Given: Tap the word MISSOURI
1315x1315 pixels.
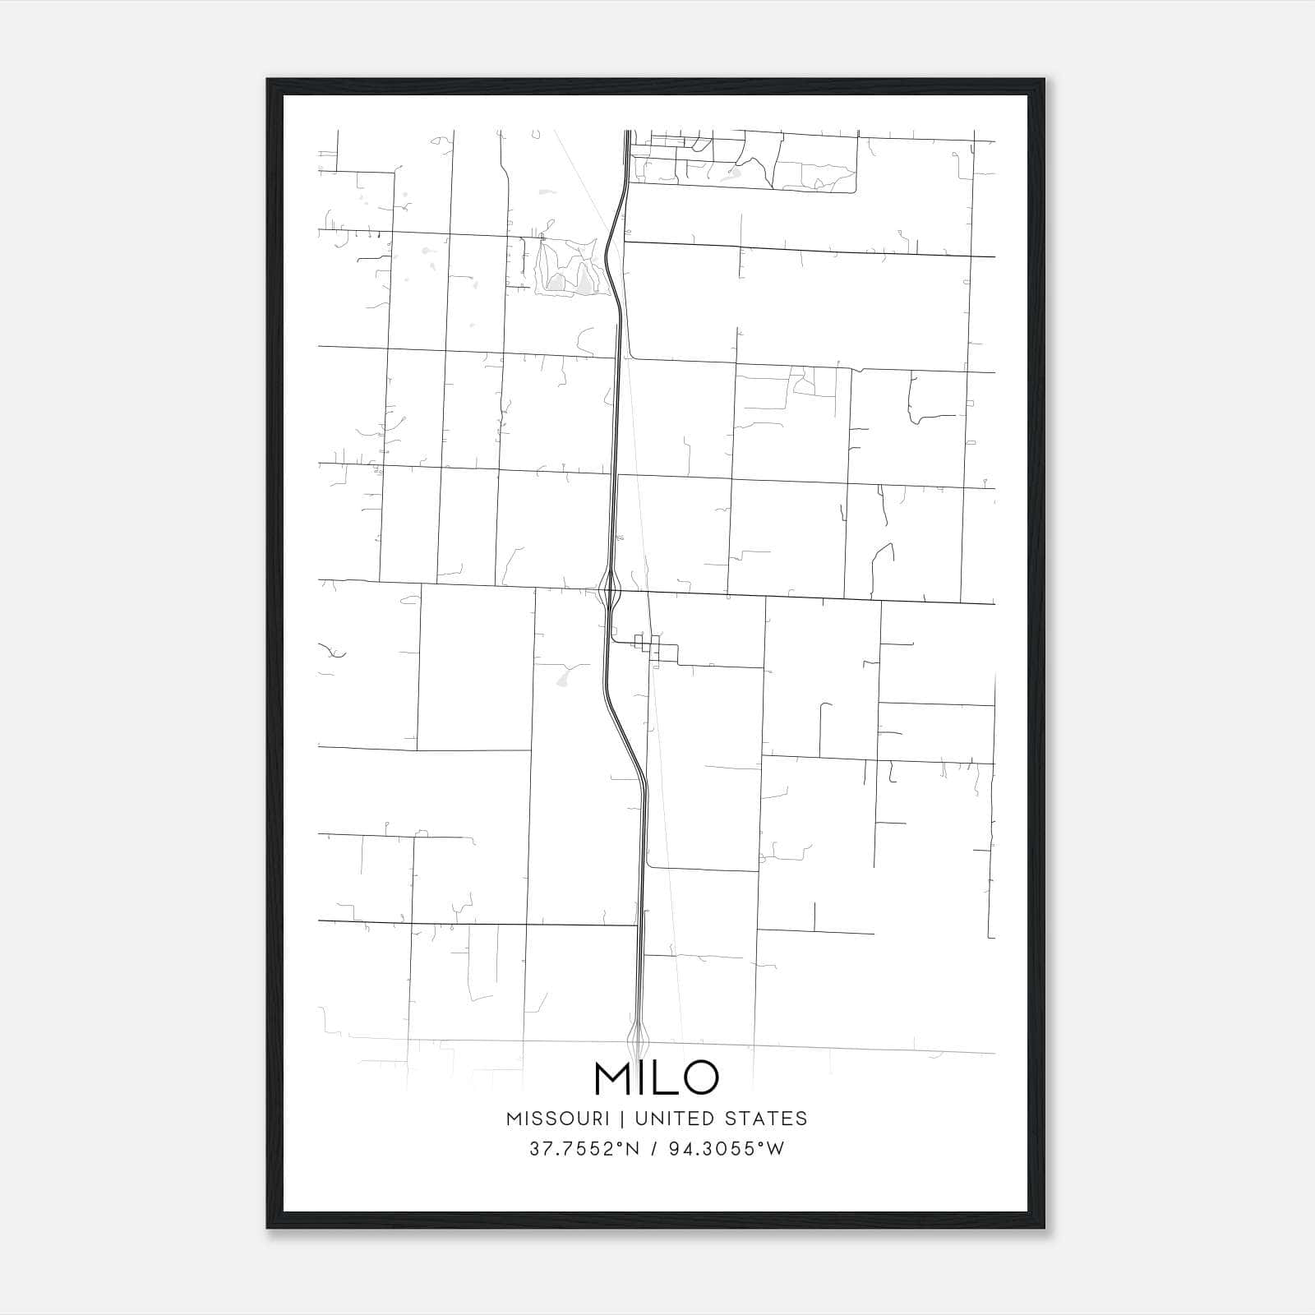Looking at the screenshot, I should tap(557, 1119).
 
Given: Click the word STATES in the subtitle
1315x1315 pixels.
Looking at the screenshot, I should tap(766, 1119).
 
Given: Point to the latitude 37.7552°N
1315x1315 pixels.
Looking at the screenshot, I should tap(584, 1149).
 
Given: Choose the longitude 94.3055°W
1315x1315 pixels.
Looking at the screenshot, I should tap(727, 1149).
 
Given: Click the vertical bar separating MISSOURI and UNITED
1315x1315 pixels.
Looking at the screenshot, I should tap(621, 1119).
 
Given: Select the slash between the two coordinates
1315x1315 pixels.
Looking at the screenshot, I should tap(654, 1149).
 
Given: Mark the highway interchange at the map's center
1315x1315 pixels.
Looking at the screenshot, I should tap(609, 590).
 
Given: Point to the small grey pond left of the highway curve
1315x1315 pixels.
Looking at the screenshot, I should tap(563, 679).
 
